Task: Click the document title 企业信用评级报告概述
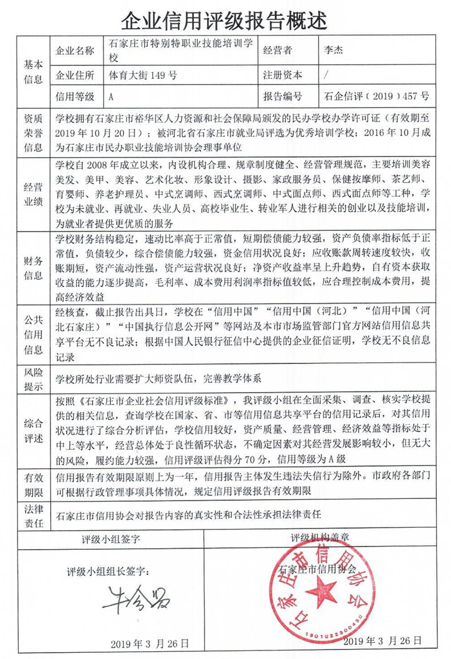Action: click(225, 19)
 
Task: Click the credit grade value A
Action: click(111, 96)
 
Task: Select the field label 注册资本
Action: click(282, 75)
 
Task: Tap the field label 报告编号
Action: click(282, 96)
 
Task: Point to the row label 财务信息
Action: click(33, 268)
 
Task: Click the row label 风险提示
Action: click(33, 379)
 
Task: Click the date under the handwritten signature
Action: click(149, 643)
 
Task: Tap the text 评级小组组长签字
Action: click(108, 571)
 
